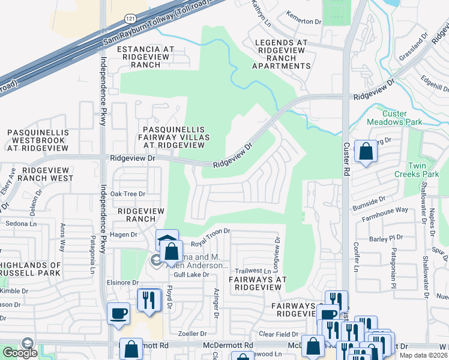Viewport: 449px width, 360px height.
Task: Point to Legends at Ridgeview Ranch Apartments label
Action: tap(281, 54)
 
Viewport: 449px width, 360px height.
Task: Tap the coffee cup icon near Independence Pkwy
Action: tap(118, 313)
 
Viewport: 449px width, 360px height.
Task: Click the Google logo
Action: tap(19, 353)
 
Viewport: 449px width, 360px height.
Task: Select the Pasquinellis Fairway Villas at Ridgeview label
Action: tap(173, 137)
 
